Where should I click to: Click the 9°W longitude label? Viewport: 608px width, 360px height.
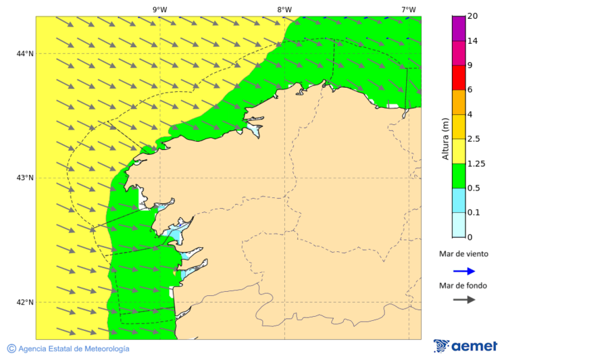pos(159,9)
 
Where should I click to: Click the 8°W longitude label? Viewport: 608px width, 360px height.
pos(284,9)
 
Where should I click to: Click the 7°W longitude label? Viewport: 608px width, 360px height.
pos(408,9)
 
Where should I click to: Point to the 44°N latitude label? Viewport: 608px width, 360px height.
pos(25,53)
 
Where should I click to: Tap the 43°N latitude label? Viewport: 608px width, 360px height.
pos(25,178)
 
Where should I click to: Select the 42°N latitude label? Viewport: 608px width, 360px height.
pos(25,302)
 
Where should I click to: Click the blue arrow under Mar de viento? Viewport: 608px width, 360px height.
pos(464,271)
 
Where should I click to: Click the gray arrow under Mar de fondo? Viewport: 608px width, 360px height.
pos(464,299)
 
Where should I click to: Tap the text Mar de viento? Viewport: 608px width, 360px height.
pos(463,254)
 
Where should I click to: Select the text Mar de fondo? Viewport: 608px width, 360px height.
pos(463,285)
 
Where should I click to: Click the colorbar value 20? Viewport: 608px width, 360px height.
pos(472,16)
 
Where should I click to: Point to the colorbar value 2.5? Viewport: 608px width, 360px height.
pos(474,139)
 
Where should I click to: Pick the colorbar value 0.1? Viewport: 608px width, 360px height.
pos(474,213)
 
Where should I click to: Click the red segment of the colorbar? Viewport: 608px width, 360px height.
pos(458,78)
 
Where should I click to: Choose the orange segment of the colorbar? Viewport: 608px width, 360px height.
pos(458,102)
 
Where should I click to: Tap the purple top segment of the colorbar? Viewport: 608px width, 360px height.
pos(458,28)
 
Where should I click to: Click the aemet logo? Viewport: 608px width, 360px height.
pos(465,346)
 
